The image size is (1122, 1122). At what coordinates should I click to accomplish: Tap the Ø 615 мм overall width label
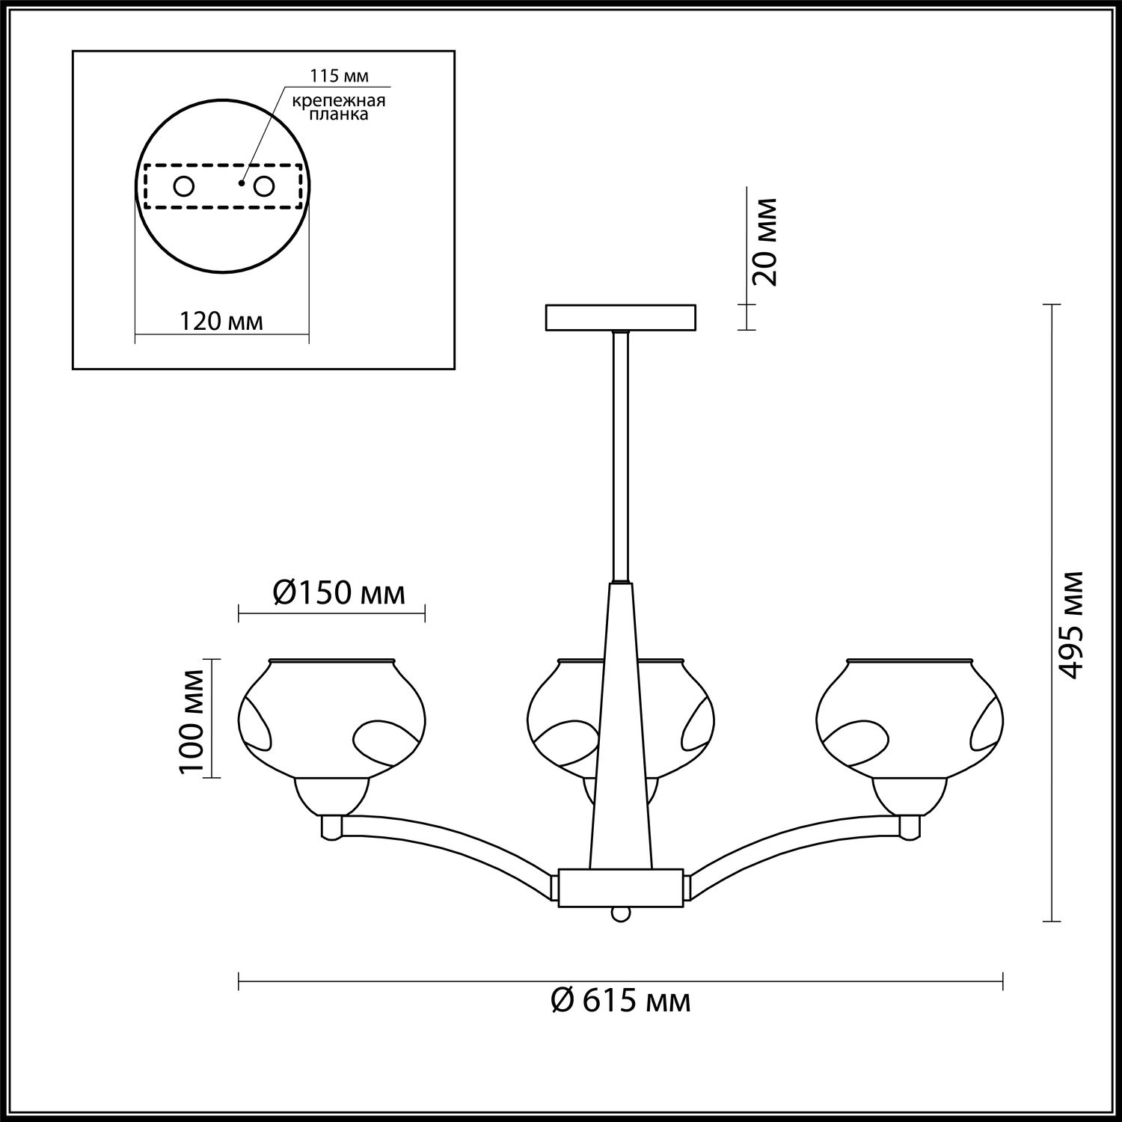620,1000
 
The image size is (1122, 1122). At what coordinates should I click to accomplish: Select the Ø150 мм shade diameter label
339,592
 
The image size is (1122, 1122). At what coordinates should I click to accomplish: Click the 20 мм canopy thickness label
764,242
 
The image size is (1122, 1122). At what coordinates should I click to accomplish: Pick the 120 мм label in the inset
221,322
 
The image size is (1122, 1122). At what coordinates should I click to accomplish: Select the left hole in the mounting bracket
184,186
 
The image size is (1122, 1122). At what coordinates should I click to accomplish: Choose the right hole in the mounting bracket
264,186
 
